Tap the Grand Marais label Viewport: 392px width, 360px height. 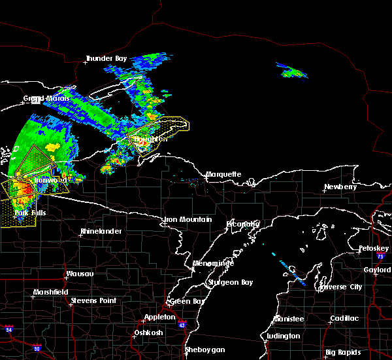tap(42, 99)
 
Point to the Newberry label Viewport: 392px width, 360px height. tap(340, 187)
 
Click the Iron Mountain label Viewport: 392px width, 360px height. tap(188, 220)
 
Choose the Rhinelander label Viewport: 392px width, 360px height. tap(101, 232)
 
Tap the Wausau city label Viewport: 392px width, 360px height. tap(80, 274)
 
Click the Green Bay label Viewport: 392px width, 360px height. tap(184, 302)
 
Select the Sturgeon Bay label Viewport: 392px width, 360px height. tap(225, 282)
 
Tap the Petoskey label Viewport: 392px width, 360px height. tap(374, 249)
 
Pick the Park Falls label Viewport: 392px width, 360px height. tap(30, 213)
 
